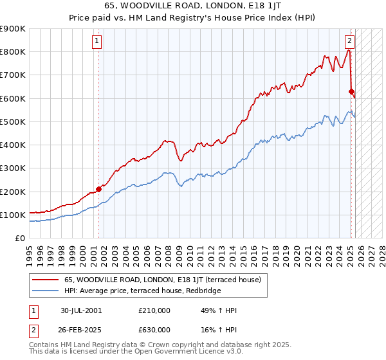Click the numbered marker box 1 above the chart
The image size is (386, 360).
click(x=96, y=41)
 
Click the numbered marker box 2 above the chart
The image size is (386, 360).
click(x=349, y=41)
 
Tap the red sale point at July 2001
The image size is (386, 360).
click(x=99, y=189)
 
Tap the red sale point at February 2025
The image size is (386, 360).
click(x=351, y=91)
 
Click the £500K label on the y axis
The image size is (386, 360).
click(x=12, y=122)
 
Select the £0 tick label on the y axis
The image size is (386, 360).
click(x=19, y=239)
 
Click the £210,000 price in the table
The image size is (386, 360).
click(x=154, y=310)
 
